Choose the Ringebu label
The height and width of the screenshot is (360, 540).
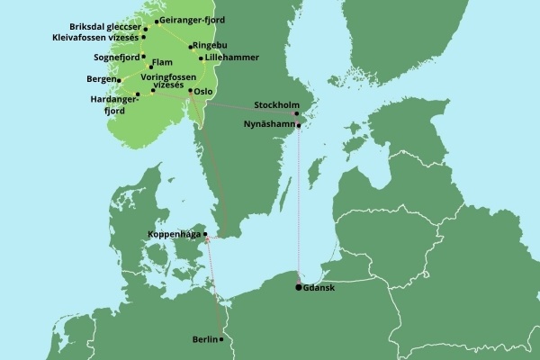click(211, 45)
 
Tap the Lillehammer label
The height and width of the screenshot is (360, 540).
click(231, 58)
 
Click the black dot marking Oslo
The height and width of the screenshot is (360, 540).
click(189, 90)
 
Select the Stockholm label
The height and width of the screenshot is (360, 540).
click(276, 104)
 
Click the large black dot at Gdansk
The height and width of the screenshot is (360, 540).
click(299, 287)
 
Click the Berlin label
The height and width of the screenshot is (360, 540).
click(204, 339)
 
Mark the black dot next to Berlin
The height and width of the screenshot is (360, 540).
click(222, 339)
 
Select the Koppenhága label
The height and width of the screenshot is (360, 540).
click(175, 235)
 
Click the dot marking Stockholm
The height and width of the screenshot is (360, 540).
click(297, 113)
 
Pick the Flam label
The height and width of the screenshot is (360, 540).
click(162, 62)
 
